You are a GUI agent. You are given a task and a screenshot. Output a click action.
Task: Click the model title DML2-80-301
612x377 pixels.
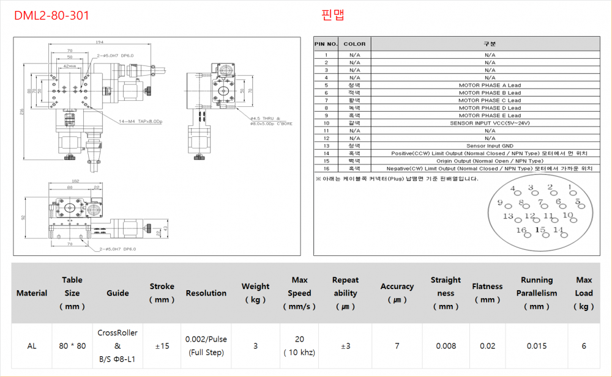tap(51, 15)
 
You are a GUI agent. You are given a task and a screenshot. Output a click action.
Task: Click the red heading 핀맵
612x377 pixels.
tap(332, 15)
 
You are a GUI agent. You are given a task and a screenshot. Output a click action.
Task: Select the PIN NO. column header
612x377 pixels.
tap(326, 44)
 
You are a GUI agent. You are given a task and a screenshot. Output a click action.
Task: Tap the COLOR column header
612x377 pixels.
tap(354, 44)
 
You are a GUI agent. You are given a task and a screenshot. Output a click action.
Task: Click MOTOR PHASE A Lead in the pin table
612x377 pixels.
tap(490, 85)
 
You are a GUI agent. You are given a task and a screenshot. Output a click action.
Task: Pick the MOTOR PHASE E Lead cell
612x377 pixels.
tap(490, 115)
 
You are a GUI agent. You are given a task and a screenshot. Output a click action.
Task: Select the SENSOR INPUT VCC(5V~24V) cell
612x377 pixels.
tap(490, 123)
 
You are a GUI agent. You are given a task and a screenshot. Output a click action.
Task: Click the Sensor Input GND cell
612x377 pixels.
tap(490, 145)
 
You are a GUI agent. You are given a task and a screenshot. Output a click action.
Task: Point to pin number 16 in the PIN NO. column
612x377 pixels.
tap(326, 168)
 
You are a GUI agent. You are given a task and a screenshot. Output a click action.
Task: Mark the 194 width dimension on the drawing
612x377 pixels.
tap(99, 42)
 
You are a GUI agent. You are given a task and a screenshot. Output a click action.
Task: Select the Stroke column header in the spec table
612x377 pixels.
tap(162, 293)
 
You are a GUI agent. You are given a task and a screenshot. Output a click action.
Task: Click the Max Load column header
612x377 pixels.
tap(584, 293)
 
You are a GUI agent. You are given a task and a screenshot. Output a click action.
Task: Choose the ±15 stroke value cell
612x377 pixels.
tap(162, 346)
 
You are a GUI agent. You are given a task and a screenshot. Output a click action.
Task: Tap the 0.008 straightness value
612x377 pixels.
tap(446, 346)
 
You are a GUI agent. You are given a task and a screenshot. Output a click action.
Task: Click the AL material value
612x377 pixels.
tap(32, 346)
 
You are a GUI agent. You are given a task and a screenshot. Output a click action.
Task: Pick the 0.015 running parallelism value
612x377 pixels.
tap(537, 346)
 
